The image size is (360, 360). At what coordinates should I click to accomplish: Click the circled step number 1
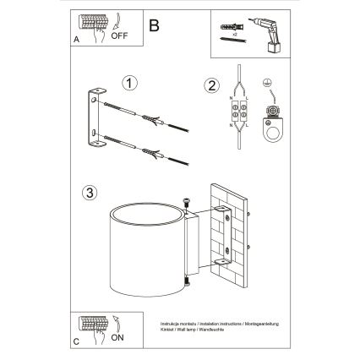[x=128, y=85]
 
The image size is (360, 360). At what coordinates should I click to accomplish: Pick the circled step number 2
[x=212, y=84]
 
